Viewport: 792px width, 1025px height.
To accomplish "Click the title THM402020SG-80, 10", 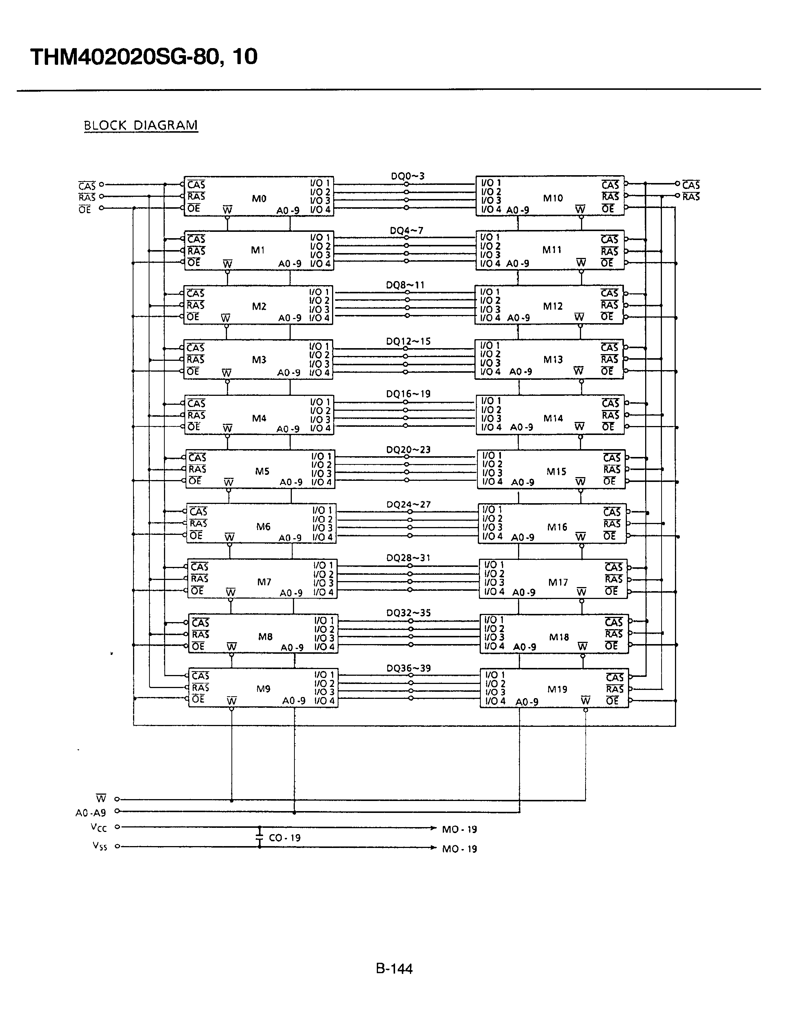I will pos(143,57).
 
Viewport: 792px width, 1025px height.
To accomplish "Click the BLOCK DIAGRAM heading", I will pos(141,125).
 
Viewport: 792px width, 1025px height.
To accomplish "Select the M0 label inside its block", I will pos(259,199).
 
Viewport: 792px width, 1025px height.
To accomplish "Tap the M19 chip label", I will pos(558,690).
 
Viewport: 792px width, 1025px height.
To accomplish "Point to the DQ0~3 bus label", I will pos(407,176).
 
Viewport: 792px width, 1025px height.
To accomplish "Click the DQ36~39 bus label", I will pos(408,668).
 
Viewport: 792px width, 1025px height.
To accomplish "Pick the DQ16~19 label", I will pos(408,394).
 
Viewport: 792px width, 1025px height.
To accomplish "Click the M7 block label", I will pos(264,582).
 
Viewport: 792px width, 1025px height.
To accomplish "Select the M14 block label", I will pos(553,418).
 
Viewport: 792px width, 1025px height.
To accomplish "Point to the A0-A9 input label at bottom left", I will pos(91,813).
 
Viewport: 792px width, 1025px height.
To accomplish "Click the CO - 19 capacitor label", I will pos(284,838).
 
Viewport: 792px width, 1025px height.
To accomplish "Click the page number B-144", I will pos(394,968).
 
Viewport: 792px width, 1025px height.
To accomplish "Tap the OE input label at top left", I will pos(85,209).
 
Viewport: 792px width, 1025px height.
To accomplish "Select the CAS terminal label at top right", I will pos(691,184).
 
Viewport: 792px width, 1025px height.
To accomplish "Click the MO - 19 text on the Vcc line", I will pos(459,829).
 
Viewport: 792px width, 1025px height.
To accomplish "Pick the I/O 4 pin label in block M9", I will pos(325,701).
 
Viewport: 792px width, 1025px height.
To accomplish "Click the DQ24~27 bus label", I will pos(408,505).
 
